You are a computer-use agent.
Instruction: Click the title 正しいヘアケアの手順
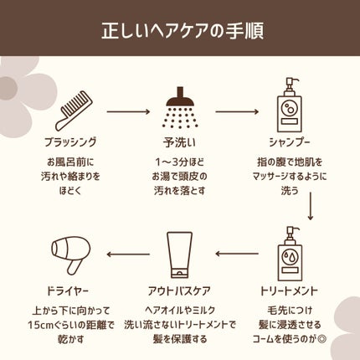coord(183,30)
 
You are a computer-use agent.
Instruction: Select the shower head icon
coord(180,107)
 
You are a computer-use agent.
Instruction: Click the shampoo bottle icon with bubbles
coord(290,105)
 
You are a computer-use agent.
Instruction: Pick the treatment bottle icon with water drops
coord(290,254)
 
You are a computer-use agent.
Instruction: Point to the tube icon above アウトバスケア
coord(179,255)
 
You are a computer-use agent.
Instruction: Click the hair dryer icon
coord(71,255)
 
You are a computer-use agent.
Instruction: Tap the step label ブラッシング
coord(70,142)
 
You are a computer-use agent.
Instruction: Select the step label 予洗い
coord(180,142)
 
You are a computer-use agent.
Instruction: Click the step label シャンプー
coord(290,142)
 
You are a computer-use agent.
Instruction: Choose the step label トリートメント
coord(290,291)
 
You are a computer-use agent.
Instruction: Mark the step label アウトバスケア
coord(179,291)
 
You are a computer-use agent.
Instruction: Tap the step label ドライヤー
coord(68,291)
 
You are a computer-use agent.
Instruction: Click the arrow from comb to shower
coord(129,112)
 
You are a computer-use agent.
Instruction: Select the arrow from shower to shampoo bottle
coord(237,112)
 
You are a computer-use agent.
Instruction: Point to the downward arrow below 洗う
coord(310,206)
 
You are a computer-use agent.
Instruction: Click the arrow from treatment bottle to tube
coord(237,254)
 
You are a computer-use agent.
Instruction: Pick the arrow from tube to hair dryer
coord(128,255)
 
